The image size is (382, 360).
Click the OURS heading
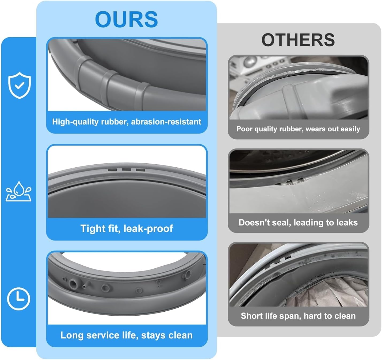pyautogui.click(x=126, y=19)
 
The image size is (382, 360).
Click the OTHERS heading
pyautogui.click(x=298, y=40)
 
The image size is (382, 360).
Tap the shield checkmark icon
pyautogui.click(x=19, y=85)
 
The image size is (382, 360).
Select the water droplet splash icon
pyautogui.click(x=19, y=191)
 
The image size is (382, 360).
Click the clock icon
pyautogui.click(x=18, y=299)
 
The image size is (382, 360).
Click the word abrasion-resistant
pyautogui.click(x=166, y=122)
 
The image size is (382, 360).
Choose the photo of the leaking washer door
pyautogui.click(x=298, y=182)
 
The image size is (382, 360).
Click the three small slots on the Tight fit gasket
pyautogui.click(x=126, y=170)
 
